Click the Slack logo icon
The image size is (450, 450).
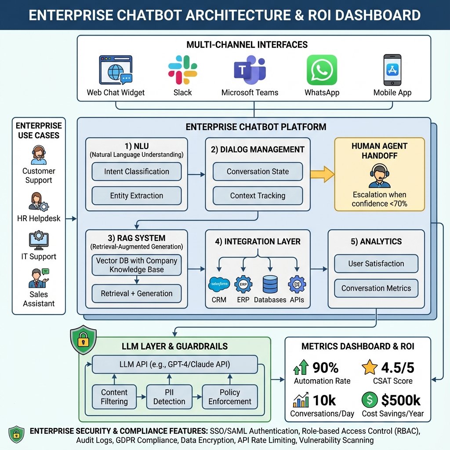click(182, 70)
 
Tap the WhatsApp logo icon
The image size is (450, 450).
click(322, 70)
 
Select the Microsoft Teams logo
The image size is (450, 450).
click(250, 70)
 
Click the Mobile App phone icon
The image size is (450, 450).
click(392, 70)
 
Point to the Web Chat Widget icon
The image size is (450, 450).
click(116, 70)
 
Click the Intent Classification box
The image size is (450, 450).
click(137, 171)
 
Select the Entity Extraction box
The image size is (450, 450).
click(137, 196)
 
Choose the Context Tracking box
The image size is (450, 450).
click(258, 196)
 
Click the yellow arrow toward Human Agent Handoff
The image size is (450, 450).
click(322, 174)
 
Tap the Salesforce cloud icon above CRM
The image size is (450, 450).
click(219, 284)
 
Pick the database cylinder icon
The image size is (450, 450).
click(270, 284)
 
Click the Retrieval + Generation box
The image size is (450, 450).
click(137, 293)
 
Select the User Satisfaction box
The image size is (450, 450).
click(376, 264)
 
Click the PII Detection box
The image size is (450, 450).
click(169, 397)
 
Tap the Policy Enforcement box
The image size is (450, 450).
click(230, 397)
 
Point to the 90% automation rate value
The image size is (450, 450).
click(326, 368)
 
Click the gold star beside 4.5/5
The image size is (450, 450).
click(370, 367)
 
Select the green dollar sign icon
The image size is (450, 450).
click(370, 400)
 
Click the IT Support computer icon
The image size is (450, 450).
click(39, 240)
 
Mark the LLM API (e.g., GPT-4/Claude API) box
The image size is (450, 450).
click(175, 364)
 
